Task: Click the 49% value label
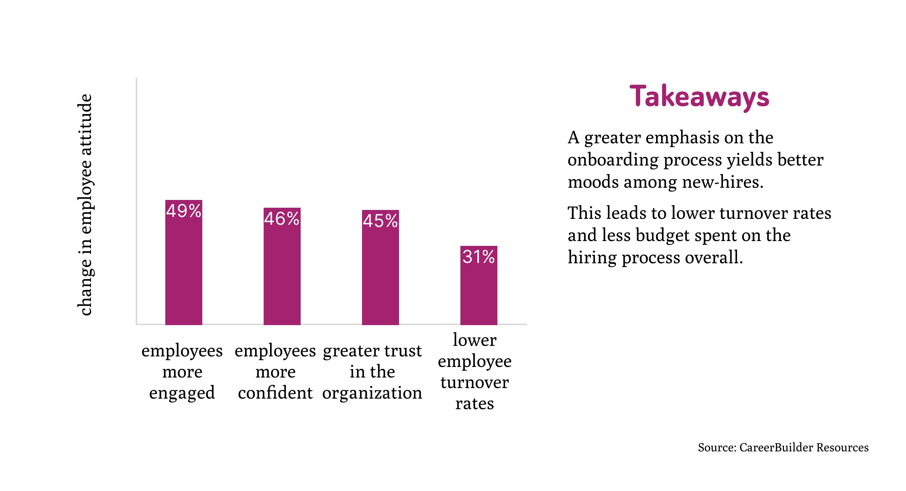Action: tap(183, 211)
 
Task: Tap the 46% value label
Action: tap(282, 219)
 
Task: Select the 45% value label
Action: tap(380, 221)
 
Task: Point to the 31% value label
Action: tap(479, 257)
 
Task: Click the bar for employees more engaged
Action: tap(183, 274)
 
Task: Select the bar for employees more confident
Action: tap(282, 278)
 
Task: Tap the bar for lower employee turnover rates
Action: tap(479, 293)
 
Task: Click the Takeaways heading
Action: tap(699, 97)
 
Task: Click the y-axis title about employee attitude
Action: tap(85, 205)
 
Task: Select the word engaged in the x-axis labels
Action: tap(182, 393)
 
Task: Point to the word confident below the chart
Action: tap(275, 393)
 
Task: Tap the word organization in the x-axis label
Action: tap(372, 393)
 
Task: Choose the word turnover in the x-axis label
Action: tap(474, 382)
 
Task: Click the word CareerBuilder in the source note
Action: tap(776, 448)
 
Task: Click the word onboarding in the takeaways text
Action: tap(612, 160)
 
